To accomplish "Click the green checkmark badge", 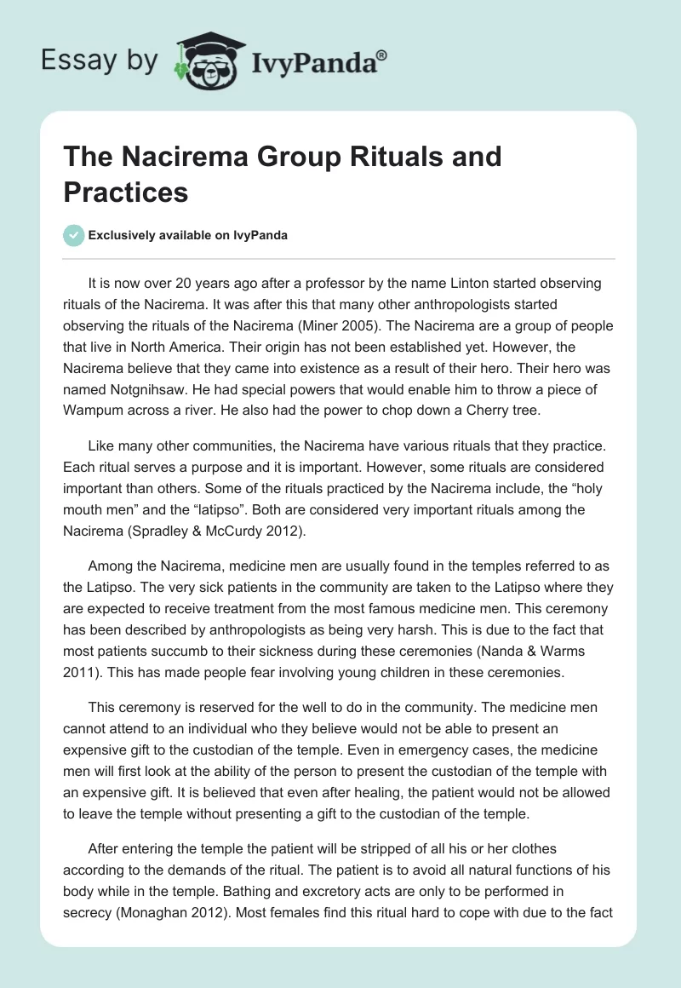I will point(73,235).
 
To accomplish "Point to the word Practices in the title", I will point(125,192).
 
